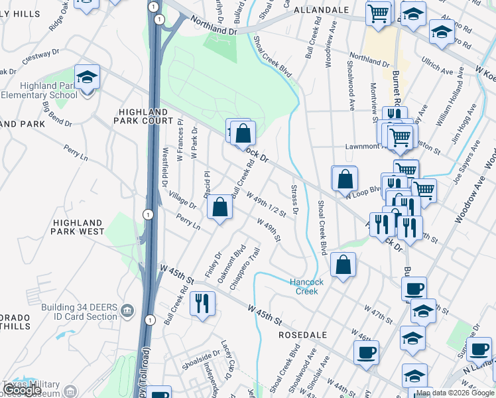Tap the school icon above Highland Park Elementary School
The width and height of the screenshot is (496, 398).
[x=87, y=77]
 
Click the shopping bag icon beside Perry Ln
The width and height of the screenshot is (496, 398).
[x=219, y=207]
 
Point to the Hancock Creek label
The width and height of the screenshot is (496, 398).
[x=307, y=287]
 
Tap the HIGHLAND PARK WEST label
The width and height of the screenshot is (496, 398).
[x=78, y=228]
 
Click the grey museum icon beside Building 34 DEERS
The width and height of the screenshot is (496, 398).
[x=128, y=308]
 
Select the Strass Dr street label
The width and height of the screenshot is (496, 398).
[x=295, y=200]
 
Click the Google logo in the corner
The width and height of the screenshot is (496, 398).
[x=22, y=390]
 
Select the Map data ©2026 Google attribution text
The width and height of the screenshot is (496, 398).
[x=455, y=393]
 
